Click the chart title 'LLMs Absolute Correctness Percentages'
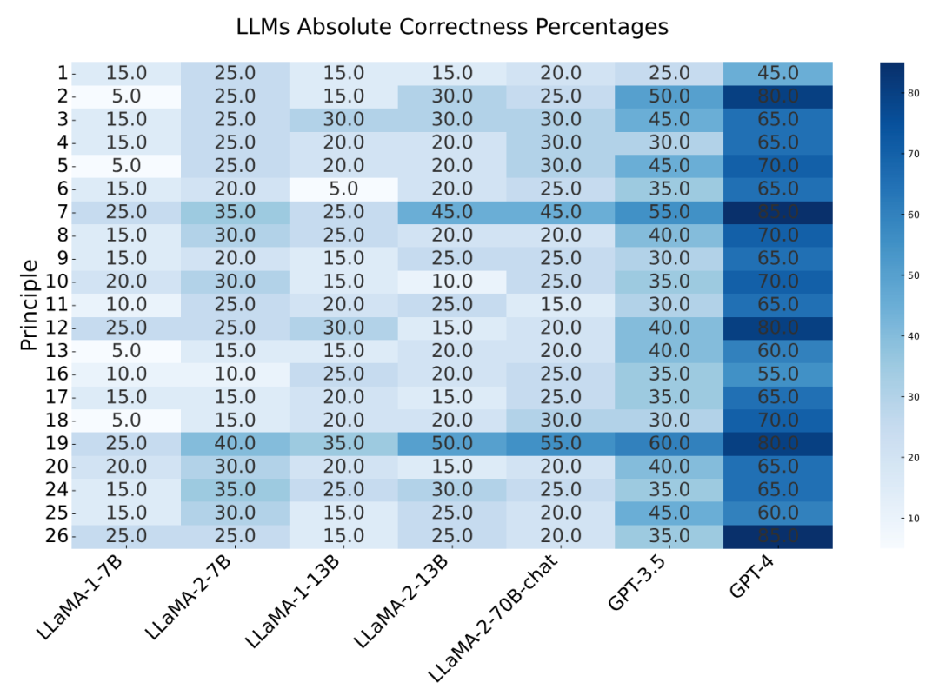pyautogui.click(x=452, y=27)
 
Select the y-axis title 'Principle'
pyautogui.click(x=29, y=305)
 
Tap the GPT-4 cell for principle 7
pyautogui.click(x=777, y=212)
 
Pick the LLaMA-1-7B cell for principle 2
pyautogui.click(x=127, y=96)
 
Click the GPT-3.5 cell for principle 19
pyautogui.click(x=669, y=443)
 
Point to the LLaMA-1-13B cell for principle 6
pyautogui.click(x=344, y=189)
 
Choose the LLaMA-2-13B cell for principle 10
pyautogui.click(x=452, y=282)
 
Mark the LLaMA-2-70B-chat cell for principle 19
pyautogui.click(x=561, y=443)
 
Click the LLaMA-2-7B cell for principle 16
pyautogui.click(x=236, y=374)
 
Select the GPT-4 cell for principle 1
pyautogui.click(x=777, y=73)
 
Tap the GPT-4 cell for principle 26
pyautogui.click(x=777, y=536)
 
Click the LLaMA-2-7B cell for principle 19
pyautogui.click(x=236, y=443)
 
